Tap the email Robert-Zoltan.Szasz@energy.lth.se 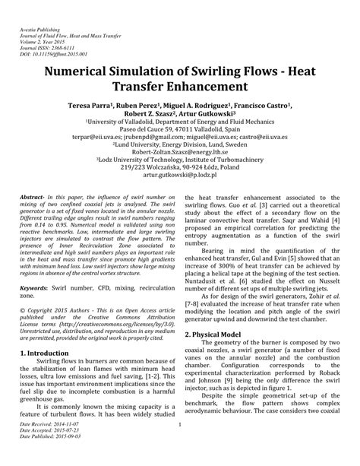tap(179, 150)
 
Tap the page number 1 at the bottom tap(179, 445)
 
